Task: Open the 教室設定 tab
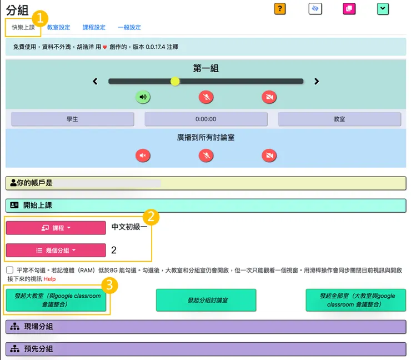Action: pos(58,27)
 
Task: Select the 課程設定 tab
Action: pos(94,27)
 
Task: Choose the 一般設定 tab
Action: pos(129,27)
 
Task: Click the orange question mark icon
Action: pos(280,8)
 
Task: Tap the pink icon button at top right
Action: pos(349,8)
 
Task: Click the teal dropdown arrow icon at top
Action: pos(383,8)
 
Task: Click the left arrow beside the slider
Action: pos(95,81)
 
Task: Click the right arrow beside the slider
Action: pos(317,81)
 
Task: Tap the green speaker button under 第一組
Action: pos(143,97)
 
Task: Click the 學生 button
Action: pos(72,119)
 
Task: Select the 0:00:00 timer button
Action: pos(205,119)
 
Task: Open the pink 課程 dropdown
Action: pos(56,228)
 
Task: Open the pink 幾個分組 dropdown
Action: pos(56,250)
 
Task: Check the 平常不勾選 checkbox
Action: pos(10,270)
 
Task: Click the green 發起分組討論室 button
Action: pos(206,300)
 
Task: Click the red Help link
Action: pos(50,279)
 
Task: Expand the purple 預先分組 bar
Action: pos(205,349)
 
